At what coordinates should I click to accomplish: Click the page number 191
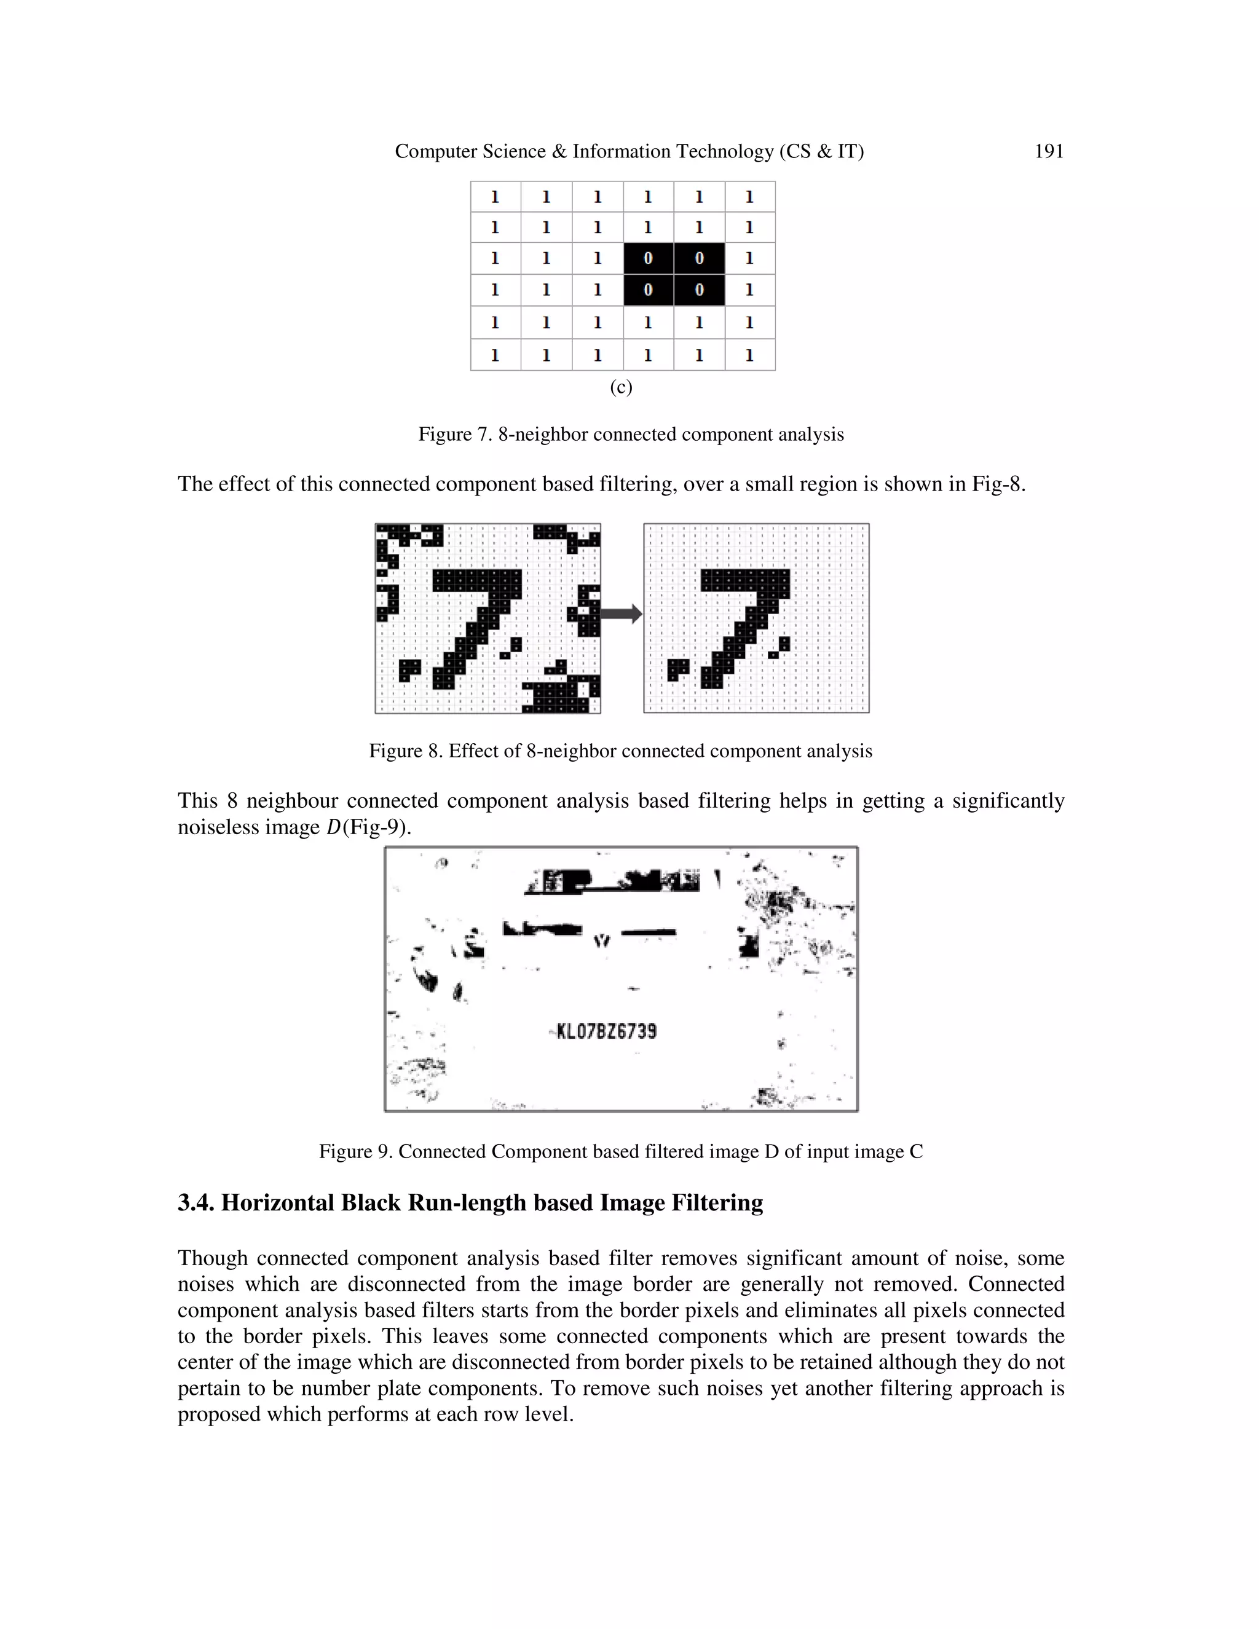(x=1049, y=151)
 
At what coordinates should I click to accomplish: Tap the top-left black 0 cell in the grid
(x=648, y=258)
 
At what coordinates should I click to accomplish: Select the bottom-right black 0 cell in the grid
(x=699, y=290)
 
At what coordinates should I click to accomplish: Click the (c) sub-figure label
(x=620, y=387)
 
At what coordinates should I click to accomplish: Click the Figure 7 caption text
(x=630, y=434)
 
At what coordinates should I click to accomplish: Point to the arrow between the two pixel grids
(x=620, y=614)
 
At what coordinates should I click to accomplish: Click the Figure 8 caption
(x=620, y=751)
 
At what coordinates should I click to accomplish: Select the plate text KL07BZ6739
(x=606, y=1031)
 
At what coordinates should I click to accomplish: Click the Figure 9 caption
(x=620, y=1151)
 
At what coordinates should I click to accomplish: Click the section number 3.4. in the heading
(x=196, y=1203)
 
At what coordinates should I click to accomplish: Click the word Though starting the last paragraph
(x=213, y=1258)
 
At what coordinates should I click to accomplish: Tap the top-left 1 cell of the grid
(x=494, y=197)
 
